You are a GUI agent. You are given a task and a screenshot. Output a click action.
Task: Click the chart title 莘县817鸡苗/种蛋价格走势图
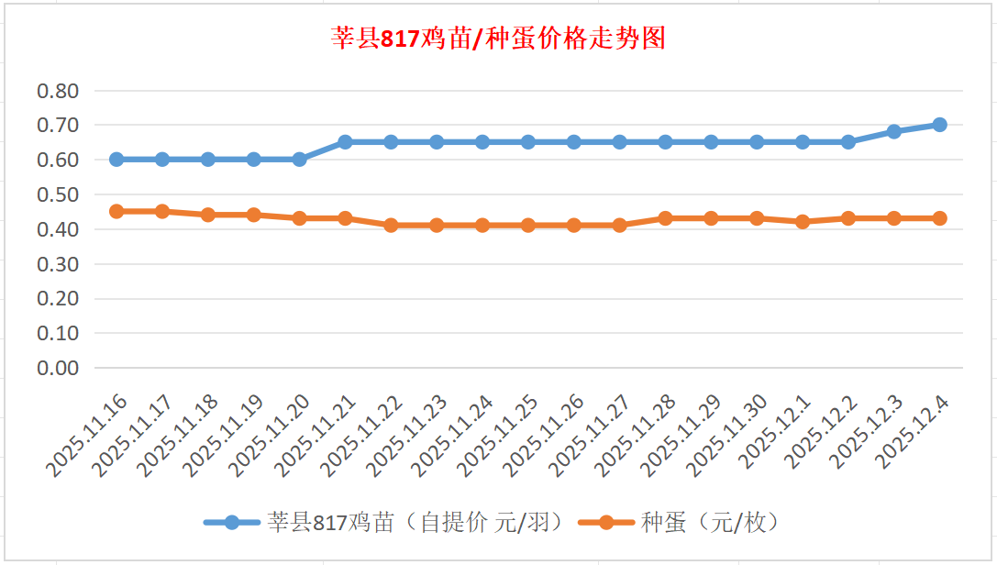[498, 39]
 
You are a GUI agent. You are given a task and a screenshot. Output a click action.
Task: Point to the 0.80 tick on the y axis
[58, 91]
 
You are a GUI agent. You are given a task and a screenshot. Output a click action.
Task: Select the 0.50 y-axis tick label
[58, 194]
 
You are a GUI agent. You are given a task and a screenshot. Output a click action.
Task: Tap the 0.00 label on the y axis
[58, 368]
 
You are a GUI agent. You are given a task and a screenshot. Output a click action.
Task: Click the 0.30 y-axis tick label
[58, 264]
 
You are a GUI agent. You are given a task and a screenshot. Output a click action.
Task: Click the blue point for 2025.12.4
[939, 125]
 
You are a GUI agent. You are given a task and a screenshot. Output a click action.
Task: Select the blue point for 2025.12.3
[893, 132]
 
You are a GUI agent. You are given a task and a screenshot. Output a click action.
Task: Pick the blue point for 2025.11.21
[345, 142]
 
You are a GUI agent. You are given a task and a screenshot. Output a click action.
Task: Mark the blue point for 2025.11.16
[116, 160]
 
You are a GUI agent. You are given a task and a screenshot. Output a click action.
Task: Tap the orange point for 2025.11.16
[116, 211]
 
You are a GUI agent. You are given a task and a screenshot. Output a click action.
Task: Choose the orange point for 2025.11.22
[391, 225]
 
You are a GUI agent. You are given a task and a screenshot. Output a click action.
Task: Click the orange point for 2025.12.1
[803, 222]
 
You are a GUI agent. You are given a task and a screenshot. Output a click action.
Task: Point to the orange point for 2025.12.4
[939, 218]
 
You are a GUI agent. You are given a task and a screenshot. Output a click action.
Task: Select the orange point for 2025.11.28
[665, 218]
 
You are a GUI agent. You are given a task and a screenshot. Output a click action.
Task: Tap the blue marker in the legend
[232, 523]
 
